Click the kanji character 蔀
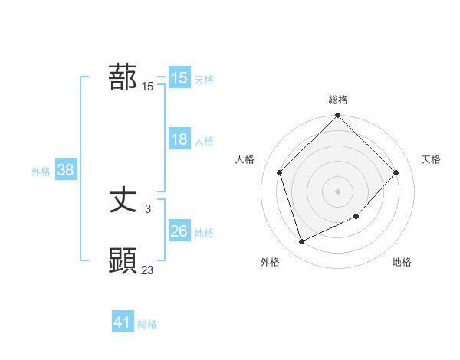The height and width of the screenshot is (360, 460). (x=123, y=77)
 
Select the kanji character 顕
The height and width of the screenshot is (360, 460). (x=123, y=261)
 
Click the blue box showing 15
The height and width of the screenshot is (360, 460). (x=179, y=78)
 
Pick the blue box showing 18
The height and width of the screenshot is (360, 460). (x=179, y=139)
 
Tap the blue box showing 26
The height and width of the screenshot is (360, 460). (x=179, y=231)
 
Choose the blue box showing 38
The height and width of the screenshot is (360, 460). (x=65, y=170)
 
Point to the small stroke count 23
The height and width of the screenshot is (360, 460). (x=148, y=270)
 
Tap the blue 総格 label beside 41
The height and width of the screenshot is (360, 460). (x=147, y=324)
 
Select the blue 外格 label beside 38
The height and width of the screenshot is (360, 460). (x=41, y=172)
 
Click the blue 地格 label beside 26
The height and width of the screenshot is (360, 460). (x=204, y=233)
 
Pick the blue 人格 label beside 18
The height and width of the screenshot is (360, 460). (x=204, y=141)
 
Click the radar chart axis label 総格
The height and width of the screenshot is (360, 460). (x=338, y=100)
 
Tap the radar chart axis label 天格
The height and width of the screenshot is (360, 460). (x=431, y=159)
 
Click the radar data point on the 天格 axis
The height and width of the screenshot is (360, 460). (x=396, y=172)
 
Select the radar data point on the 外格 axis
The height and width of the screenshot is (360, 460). (x=302, y=242)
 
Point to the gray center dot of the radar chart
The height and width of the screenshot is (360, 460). (x=338, y=191)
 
